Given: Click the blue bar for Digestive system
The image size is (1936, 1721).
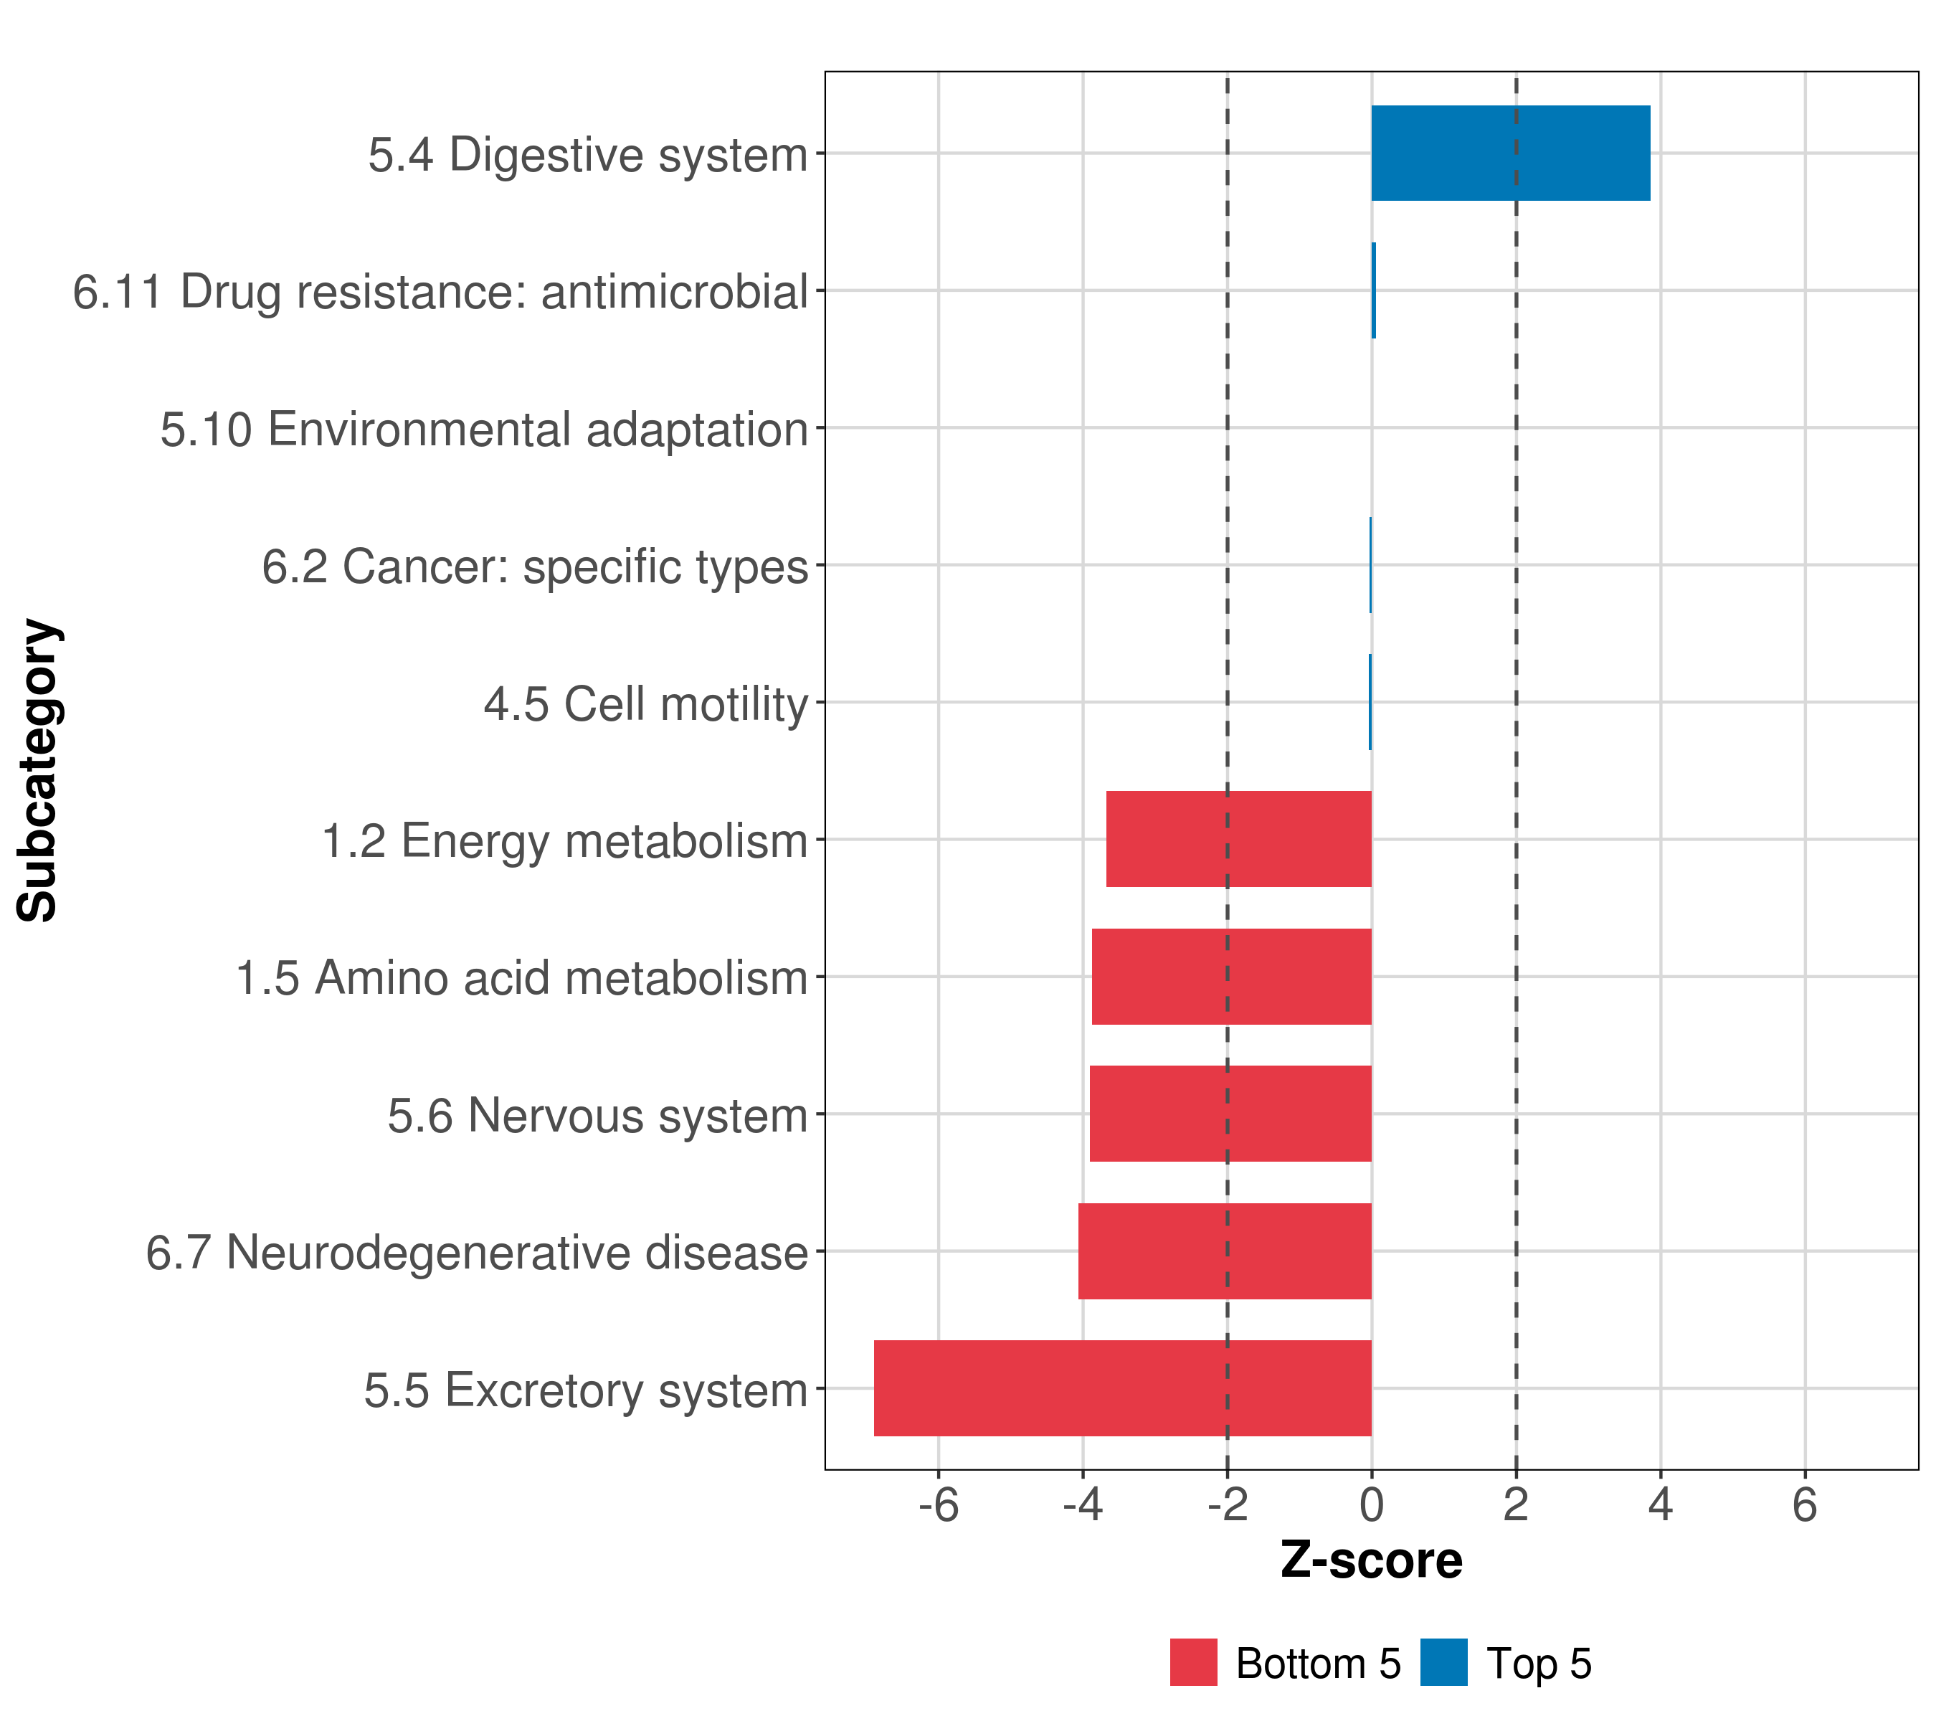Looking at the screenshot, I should pos(1510,153).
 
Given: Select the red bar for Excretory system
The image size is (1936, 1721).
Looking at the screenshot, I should pos(1122,1388).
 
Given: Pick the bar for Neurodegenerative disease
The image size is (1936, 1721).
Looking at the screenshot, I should pos(1224,1251).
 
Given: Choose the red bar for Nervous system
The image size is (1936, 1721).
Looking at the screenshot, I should pos(1230,1113).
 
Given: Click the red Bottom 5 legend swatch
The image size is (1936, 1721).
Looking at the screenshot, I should pos(1192,1662).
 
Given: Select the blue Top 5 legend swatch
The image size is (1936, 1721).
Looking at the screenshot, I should pos(1443,1662).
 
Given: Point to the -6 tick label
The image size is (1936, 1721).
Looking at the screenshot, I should pos(938,1505).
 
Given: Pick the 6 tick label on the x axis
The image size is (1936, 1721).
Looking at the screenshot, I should pos(1804,1505).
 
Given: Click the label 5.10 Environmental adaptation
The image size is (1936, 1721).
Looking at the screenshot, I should pos(483,429).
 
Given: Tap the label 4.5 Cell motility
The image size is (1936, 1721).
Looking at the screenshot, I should pos(645,703).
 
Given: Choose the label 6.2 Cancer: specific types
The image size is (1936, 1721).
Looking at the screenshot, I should pos(534,566).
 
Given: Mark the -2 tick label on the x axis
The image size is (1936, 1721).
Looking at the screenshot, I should pos(1227,1505).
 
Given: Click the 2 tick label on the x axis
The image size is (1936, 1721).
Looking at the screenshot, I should pos(1516,1505).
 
